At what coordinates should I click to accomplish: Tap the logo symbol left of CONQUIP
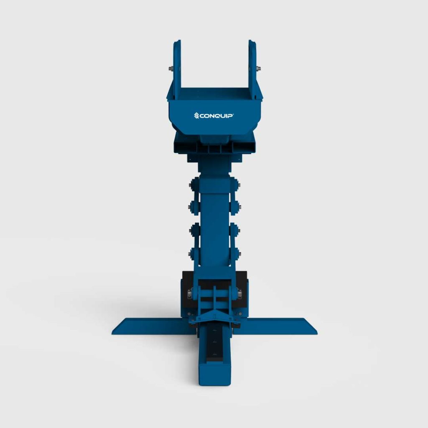point(196,116)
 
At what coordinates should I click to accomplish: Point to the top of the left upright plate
point(177,42)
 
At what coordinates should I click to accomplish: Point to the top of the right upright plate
point(252,42)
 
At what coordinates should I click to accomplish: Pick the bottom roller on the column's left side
point(194,252)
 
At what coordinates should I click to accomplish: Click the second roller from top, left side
point(194,205)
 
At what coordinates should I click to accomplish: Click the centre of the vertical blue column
point(214,222)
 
